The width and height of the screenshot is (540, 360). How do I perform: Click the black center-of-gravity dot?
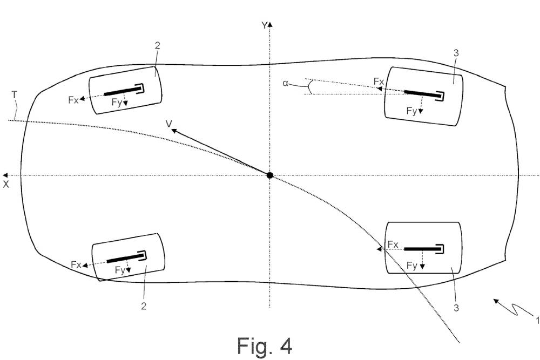point(270,175)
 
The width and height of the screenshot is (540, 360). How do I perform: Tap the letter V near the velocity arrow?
point(169,124)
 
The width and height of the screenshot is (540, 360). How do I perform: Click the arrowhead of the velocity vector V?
point(174,131)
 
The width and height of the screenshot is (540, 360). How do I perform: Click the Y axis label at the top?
point(264,25)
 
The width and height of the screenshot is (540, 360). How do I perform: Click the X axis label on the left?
point(6,184)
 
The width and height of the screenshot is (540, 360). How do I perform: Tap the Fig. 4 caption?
point(265,345)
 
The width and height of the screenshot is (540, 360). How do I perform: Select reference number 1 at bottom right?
point(536,321)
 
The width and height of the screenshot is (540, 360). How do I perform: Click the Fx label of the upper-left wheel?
point(73,99)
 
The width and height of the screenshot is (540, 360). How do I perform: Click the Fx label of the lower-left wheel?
point(76,264)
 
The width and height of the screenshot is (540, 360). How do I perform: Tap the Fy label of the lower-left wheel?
point(119,271)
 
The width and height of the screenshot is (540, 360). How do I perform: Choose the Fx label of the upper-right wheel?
point(379,81)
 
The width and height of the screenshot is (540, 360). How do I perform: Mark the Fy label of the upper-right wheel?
point(411,111)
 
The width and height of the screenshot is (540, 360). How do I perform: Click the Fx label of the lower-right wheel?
point(393,244)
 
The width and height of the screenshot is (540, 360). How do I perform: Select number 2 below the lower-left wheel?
point(144,306)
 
